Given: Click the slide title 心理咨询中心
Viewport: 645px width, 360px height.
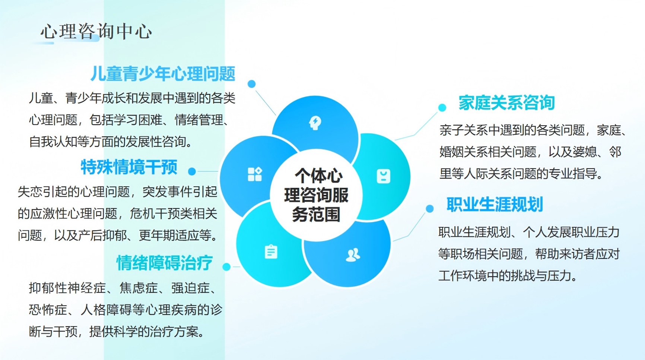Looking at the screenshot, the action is pos(96,31).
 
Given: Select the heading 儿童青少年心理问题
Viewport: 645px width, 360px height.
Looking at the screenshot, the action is pos(163,73).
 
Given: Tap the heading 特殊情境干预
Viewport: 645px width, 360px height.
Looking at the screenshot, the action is pos(129,167).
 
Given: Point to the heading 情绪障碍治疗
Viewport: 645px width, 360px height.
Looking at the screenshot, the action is pos(165,263).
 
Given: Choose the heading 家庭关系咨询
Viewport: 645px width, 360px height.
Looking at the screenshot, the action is pos(506,102).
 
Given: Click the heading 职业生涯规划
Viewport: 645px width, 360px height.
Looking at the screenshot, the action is pos(495,204).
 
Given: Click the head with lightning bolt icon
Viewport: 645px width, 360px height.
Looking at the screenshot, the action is pos(315,123).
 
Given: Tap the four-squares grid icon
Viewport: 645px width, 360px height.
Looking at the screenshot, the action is pos(255,174).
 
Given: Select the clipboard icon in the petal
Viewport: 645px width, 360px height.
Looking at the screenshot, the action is pos(271,252).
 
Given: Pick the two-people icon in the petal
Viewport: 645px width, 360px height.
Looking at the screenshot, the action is pos(353,255).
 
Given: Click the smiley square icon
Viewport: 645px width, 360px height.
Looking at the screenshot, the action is pos(384,176).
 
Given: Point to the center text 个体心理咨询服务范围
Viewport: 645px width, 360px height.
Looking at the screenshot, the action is pos(316,195).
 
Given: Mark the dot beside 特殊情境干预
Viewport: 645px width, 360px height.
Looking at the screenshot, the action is pos(192,171).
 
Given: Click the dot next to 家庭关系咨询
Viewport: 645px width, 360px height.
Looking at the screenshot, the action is pos(442,108).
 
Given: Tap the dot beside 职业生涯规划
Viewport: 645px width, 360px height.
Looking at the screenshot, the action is pos(430,209).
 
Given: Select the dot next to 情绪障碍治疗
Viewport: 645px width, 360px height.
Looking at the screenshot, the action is pos(226,267).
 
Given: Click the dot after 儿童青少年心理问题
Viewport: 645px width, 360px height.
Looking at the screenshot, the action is pos(252,84).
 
